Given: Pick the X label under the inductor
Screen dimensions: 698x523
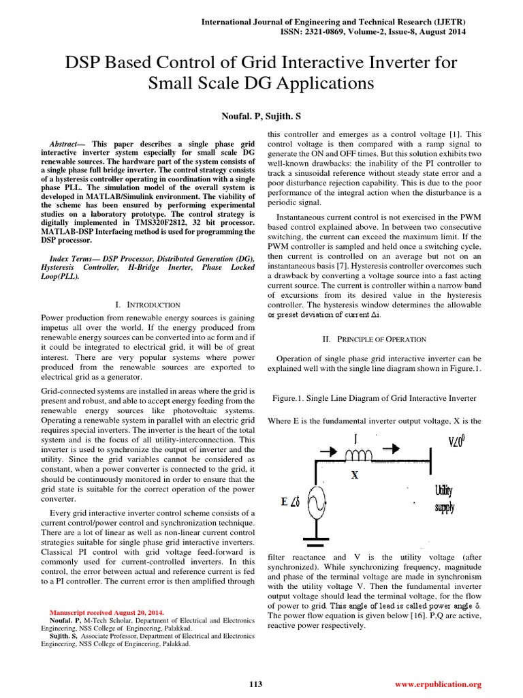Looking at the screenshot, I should pos(355,475).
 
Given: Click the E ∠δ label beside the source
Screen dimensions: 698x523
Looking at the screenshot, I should pos(289,503).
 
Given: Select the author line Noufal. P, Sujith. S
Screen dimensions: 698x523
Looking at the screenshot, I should pos(261,117).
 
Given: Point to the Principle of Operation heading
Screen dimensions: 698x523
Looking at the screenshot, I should pos(374,339).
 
